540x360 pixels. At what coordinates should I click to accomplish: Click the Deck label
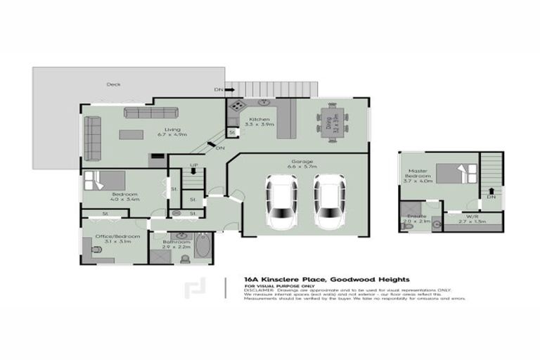tap(113, 84)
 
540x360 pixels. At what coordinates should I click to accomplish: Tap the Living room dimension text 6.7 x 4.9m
tap(172, 134)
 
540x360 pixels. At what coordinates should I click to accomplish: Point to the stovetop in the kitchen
tap(236, 106)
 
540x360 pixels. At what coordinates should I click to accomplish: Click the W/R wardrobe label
tap(472, 215)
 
